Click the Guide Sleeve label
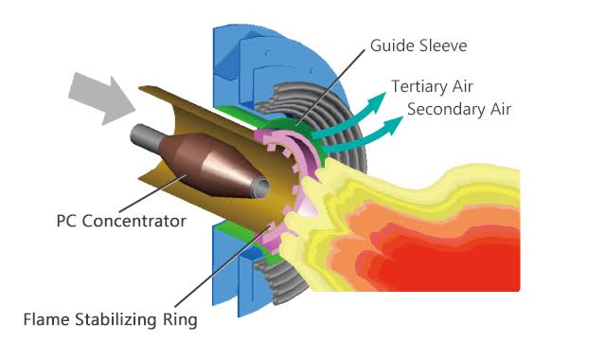418,45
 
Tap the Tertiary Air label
437,86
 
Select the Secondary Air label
458,109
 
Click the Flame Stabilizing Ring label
110,319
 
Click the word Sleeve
442,45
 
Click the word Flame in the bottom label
46,319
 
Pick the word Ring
179,319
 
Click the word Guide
389,45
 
